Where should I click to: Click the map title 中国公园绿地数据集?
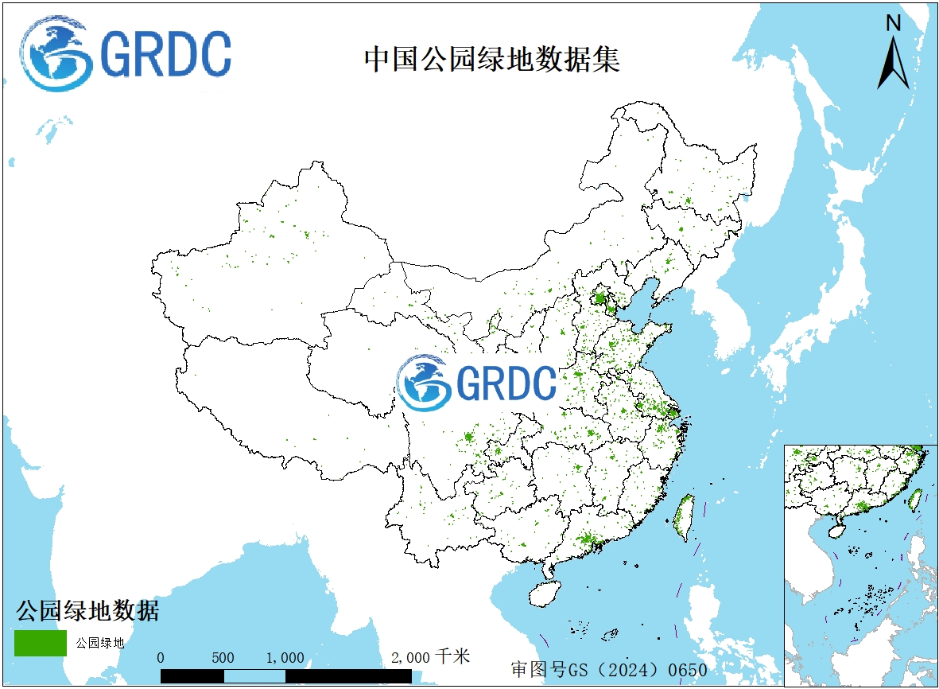coord(491,60)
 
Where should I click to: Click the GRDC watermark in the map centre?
coord(477,383)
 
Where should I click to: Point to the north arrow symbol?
coord(893,64)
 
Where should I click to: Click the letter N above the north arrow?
coord(893,24)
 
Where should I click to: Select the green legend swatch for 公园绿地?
coord(40,643)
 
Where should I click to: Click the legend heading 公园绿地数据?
coord(87,611)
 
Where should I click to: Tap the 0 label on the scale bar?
coord(161,658)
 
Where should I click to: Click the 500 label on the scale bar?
coord(223,658)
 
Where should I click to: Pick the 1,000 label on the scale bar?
coord(285,658)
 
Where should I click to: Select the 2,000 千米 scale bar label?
coord(432,657)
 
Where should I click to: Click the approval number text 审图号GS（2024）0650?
coord(609,670)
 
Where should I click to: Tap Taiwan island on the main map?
coord(684,518)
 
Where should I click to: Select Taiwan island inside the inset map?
coord(914,500)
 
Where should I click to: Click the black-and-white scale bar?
coord(286,676)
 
